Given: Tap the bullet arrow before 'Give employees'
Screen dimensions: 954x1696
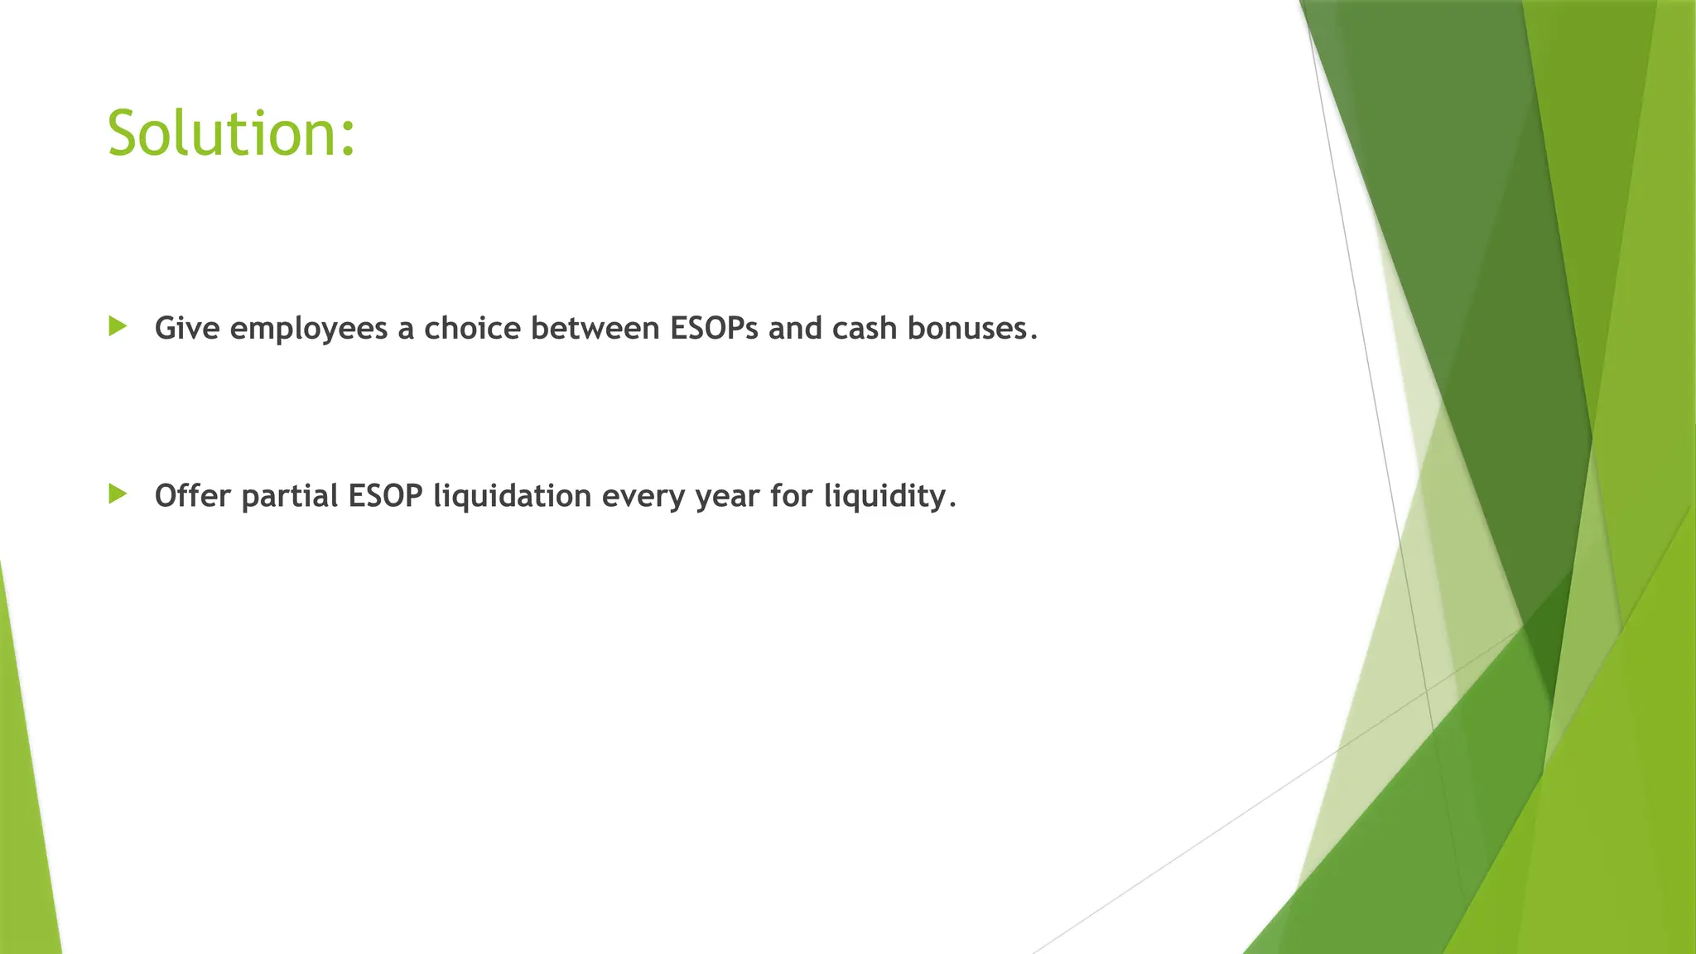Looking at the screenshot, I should point(118,326).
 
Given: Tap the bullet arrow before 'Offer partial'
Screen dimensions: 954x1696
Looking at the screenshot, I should point(118,494).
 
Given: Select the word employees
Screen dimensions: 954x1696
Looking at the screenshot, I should point(309,330).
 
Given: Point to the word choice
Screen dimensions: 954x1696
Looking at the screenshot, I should point(472,329).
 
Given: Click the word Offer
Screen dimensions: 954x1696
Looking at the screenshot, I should point(193,496).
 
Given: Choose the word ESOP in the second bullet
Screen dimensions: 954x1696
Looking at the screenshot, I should point(385,496).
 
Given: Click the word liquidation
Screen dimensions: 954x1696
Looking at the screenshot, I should point(513,496).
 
